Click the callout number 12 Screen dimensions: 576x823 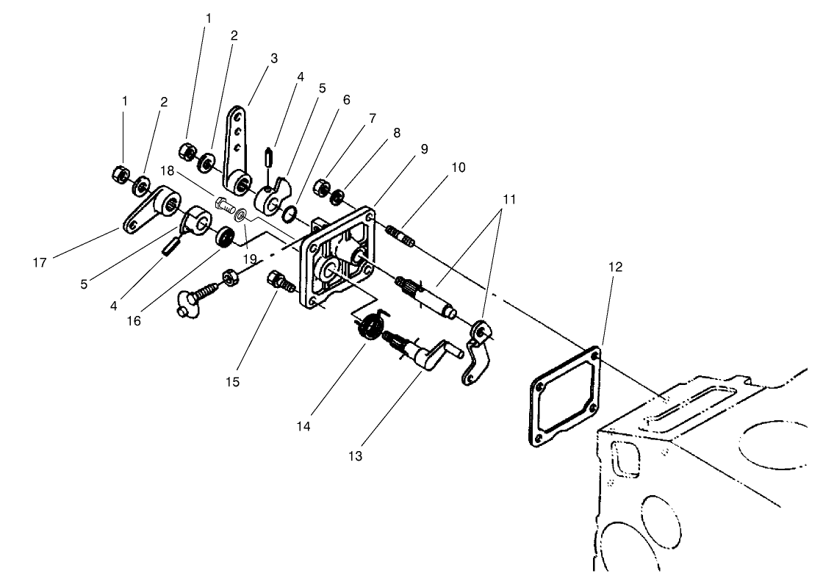click(x=615, y=267)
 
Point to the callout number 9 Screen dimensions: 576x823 click(x=424, y=148)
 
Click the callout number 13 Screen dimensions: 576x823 click(x=356, y=456)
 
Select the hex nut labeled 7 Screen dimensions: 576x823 click(x=321, y=186)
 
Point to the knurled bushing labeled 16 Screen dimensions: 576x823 click(x=223, y=237)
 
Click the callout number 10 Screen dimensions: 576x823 click(x=458, y=168)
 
